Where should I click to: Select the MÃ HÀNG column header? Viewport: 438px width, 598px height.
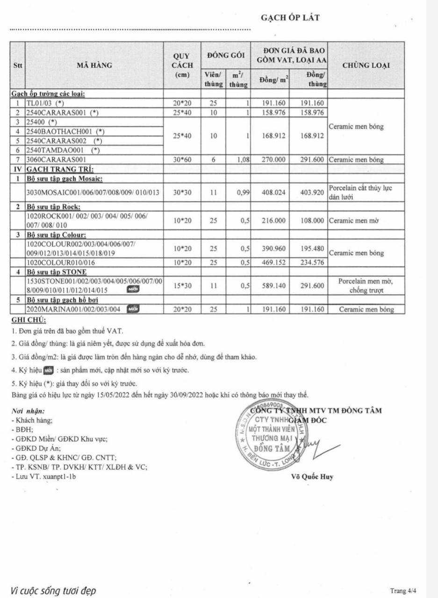[94, 65]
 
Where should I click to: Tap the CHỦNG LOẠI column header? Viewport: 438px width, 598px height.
[367, 65]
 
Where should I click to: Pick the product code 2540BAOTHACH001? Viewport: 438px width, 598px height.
[63, 131]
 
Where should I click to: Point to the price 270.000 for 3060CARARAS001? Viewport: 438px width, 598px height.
[271, 160]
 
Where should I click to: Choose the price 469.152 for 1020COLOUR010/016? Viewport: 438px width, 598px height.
[271, 262]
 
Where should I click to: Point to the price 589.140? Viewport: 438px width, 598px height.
[271, 285]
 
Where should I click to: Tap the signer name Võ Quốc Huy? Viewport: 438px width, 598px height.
[312, 477]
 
